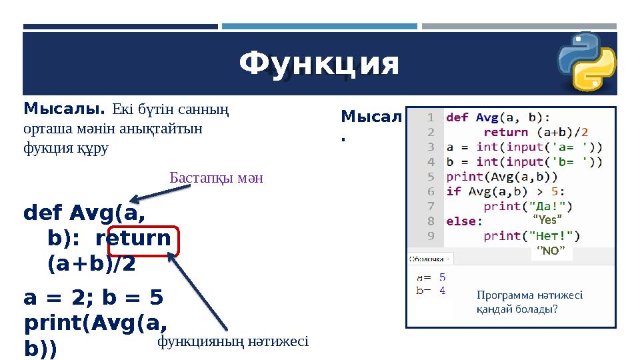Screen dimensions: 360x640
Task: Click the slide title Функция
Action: coord(319,65)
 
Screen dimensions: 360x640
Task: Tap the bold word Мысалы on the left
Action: coord(64,108)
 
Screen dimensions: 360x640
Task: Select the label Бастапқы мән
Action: coord(216,178)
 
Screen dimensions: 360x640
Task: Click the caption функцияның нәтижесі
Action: coord(232,341)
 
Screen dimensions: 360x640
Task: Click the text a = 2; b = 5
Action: coord(93,297)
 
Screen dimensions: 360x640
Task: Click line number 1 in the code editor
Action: coord(431,117)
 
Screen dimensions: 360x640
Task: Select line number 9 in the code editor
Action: coord(431,235)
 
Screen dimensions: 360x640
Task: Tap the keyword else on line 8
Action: coord(460,221)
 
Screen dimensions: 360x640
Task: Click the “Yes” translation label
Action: coord(547,219)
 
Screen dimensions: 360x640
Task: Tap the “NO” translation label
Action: coord(551,251)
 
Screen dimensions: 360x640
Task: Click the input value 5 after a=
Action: coord(443,276)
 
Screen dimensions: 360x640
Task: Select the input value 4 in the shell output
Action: coord(443,290)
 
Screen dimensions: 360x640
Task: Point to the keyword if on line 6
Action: coord(453,191)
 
